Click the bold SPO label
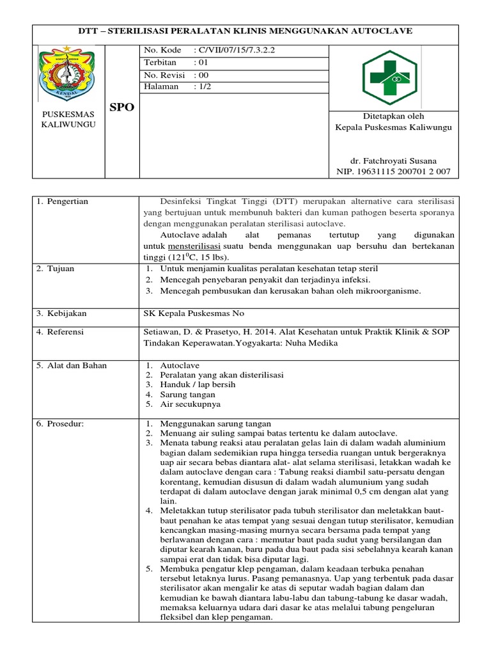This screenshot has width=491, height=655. tap(121, 107)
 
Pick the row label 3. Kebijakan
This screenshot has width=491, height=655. tap(61, 313)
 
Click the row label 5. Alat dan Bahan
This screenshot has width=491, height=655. tap(72, 365)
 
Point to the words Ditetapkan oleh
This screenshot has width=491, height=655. tap(393, 116)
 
